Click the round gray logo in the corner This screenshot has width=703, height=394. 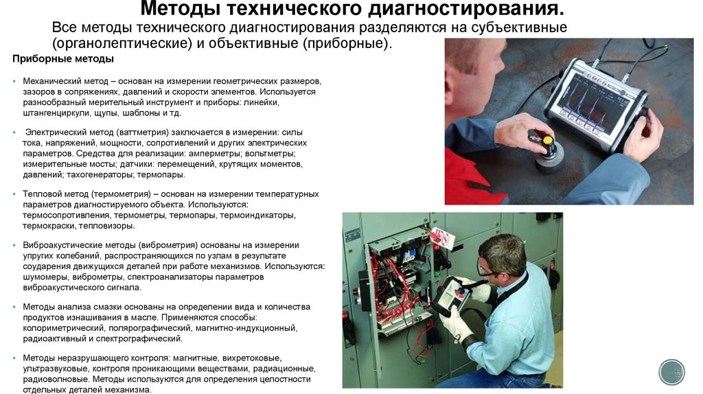(671, 371)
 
